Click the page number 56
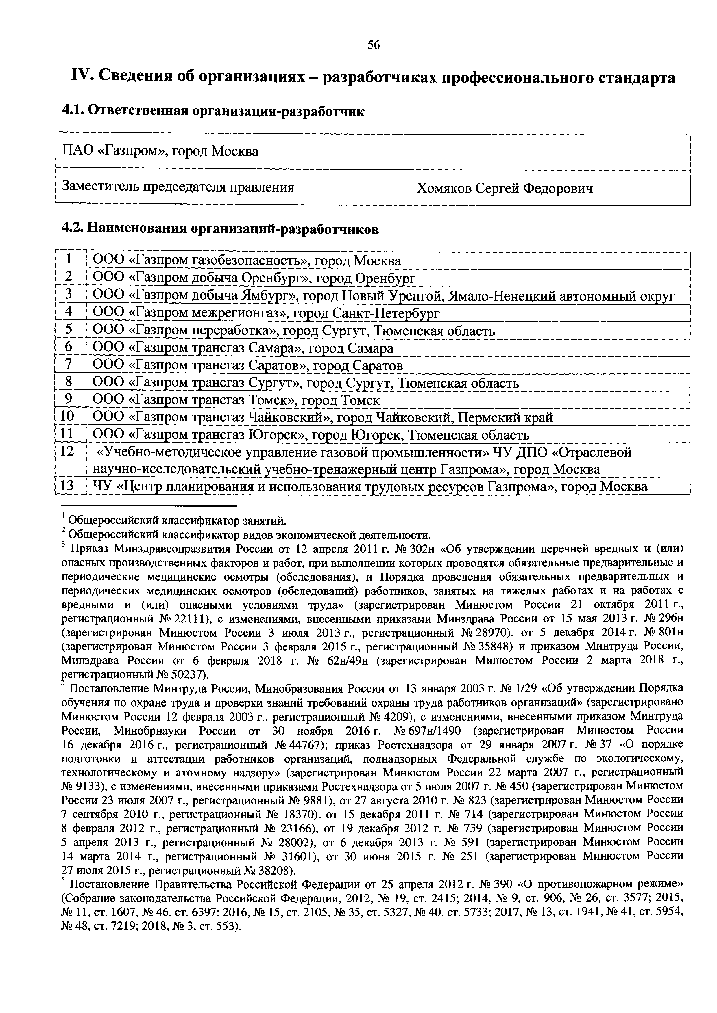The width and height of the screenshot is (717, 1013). (x=373, y=45)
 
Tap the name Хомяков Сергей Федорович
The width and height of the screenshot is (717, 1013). (x=504, y=189)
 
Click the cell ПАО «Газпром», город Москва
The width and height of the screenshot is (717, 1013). (x=160, y=151)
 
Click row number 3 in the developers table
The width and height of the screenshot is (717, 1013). (x=69, y=295)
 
